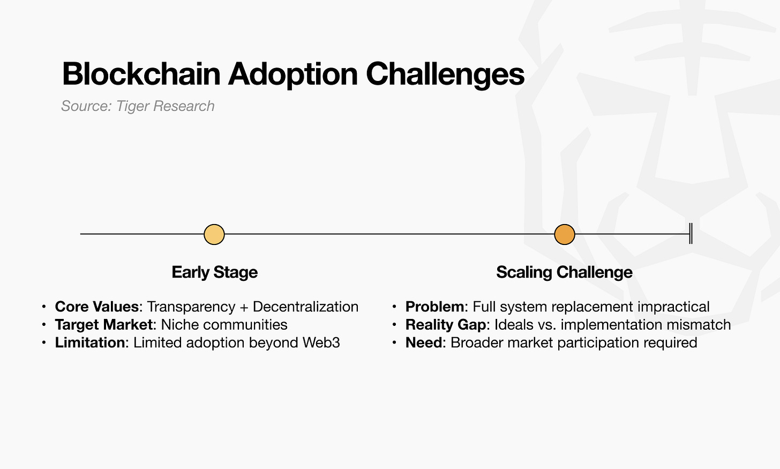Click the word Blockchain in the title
(x=141, y=74)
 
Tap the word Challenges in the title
(x=445, y=74)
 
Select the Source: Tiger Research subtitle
(x=138, y=106)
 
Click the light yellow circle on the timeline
(x=214, y=234)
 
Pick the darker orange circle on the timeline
(x=564, y=234)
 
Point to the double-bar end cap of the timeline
(x=691, y=234)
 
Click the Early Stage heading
(x=214, y=272)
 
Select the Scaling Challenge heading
(x=564, y=272)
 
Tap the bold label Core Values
(x=96, y=307)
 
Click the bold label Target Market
(x=103, y=325)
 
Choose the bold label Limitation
(x=89, y=343)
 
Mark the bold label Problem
(x=435, y=307)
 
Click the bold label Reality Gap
(x=445, y=325)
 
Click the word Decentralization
(x=305, y=307)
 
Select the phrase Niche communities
(x=224, y=325)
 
